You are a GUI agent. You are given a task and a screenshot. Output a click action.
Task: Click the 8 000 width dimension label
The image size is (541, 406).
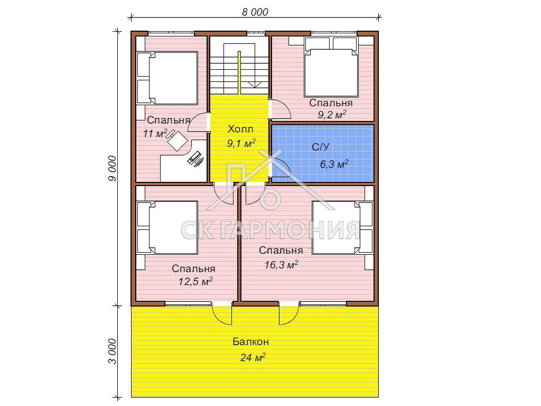[255, 12]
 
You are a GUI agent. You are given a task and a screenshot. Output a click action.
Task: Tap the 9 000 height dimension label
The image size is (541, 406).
[113, 168]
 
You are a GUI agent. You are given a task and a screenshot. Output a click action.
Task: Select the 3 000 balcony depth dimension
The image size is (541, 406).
[113, 352]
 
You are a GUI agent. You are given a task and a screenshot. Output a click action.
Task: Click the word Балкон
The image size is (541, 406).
[251, 342]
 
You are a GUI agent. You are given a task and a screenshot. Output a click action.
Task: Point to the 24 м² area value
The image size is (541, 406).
[253, 357]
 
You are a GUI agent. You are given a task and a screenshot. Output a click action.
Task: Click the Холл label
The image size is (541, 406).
[240, 129]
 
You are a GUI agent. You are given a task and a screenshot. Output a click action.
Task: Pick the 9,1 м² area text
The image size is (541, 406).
[241, 143]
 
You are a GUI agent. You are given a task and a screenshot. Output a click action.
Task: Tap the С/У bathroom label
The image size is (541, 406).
[321, 147]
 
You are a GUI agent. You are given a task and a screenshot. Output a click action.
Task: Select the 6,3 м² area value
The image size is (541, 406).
[334, 164]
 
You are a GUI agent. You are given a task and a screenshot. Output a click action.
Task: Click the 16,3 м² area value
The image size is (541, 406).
[281, 264]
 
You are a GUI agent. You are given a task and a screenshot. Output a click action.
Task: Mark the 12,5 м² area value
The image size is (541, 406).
[195, 281]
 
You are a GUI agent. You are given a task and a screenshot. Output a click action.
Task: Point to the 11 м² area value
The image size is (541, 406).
[155, 133]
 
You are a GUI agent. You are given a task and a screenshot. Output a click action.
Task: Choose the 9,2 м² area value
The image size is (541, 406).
[332, 115]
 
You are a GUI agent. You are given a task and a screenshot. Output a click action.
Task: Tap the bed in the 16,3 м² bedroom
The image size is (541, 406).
[342, 228]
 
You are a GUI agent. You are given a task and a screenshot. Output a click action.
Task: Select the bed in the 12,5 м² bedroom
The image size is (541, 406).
[167, 228]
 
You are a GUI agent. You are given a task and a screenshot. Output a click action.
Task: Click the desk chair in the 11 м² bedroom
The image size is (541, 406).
[176, 140]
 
